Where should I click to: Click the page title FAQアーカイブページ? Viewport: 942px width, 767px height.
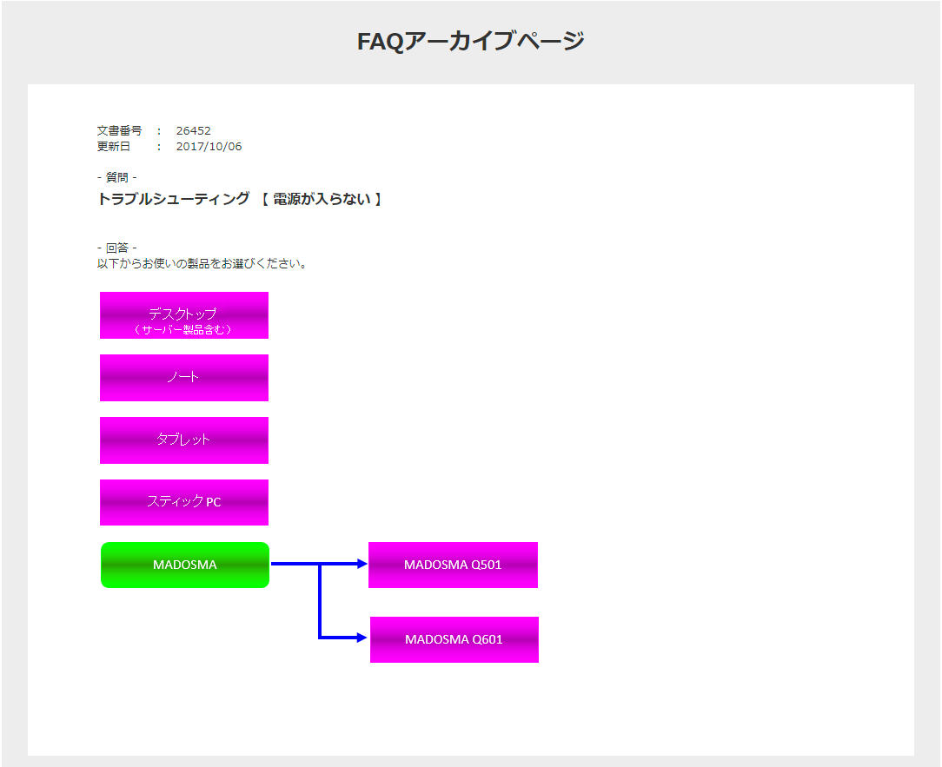tap(470, 41)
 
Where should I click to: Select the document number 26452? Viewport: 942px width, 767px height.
tap(193, 131)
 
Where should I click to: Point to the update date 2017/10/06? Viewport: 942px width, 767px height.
tap(209, 147)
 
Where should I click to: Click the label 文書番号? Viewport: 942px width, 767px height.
tap(119, 131)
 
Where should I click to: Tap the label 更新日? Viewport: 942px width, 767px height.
tap(114, 147)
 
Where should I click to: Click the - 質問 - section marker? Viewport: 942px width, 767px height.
tap(116, 177)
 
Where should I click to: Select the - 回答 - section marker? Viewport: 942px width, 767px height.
tap(116, 248)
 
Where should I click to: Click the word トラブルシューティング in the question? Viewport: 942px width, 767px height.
tap(174, 199)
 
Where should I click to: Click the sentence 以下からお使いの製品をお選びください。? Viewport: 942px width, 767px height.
tap(202, 263)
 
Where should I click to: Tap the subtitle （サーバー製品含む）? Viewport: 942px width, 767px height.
tap(182, 330)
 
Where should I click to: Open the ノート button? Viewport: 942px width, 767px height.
tap(183, 378)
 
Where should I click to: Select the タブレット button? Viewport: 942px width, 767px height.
tap(183, 440)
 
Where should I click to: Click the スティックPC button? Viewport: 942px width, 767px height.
tap(183, 502)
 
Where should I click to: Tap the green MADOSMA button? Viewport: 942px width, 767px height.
tap(184, 565)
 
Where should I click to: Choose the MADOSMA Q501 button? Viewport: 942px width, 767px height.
tap(453, 565)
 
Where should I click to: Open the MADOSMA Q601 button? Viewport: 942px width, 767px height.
tap(454, 639)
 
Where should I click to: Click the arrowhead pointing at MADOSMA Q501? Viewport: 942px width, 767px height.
tap(362, 564)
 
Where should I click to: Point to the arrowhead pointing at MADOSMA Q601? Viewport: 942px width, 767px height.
tap(362, 638)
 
